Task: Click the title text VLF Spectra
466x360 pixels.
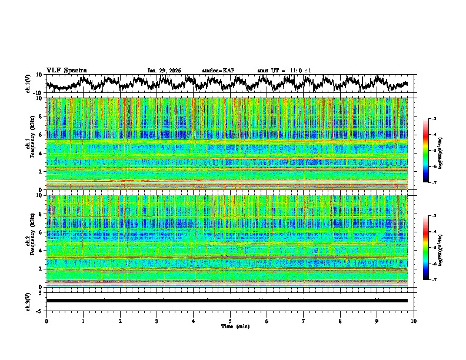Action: coord(66,71)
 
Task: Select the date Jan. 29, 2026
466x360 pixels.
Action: coord(164,71)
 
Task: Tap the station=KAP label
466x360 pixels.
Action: coord(218,71)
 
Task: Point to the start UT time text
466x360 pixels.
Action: coord(284,71)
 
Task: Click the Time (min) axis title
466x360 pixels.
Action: coord(235,326)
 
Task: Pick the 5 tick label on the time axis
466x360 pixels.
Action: coord(230,321)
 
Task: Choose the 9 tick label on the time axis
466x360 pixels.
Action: coord(377,321)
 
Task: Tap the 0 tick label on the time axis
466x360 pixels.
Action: coord(46,321)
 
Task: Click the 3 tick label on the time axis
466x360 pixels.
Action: coord(157,321)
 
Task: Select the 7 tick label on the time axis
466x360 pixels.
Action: coord(304,321)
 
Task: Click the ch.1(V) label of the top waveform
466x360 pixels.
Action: coord(28,84)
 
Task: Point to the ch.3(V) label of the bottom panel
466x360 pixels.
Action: coord(28,301)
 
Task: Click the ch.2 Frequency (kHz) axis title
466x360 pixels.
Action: coord(29,241)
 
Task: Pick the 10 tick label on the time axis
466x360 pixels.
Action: coord(414,321)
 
